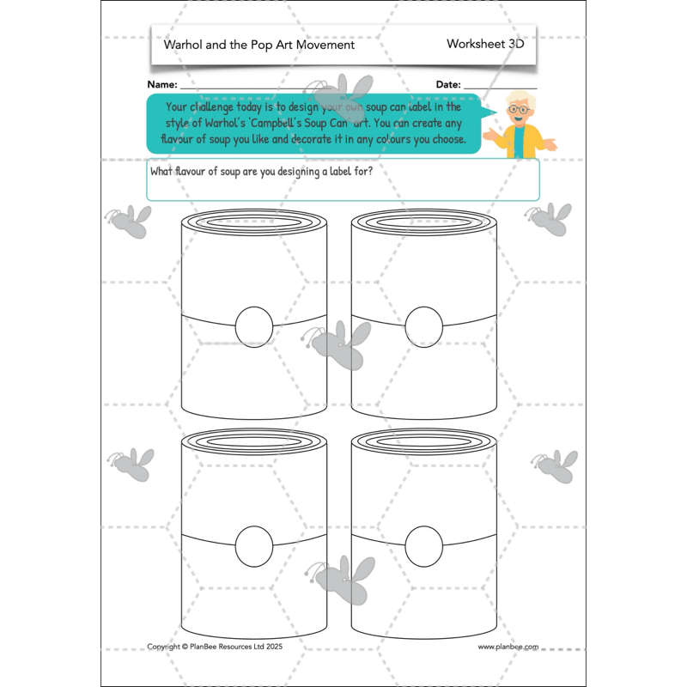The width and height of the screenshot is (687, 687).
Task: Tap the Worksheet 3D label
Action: click(x=485, y=44)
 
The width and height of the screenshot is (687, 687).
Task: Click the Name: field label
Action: click(x=162, y=85)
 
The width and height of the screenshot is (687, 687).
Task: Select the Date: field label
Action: click(x=448, y=85)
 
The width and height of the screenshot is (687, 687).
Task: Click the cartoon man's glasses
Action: click(x=518, y=110)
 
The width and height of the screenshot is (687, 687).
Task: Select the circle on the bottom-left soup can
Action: click(x=253, y=544)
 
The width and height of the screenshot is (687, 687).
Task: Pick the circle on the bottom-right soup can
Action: click(x=423, y=544)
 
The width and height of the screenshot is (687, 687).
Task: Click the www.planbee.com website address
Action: click(x=508, y=647)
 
